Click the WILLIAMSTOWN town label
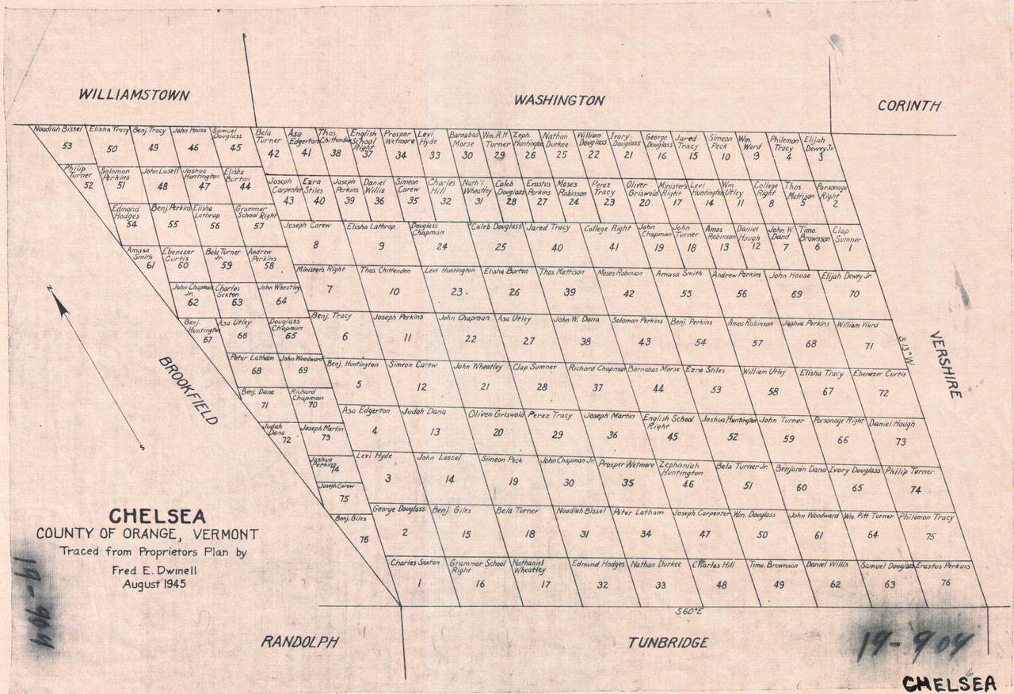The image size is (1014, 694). pos(134,96)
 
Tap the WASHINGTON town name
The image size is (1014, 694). pos(558,101)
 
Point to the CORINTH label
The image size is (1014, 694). pos(909,106)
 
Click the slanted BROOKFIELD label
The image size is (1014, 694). pos(188,391)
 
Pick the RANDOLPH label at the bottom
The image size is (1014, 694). pos(300,642)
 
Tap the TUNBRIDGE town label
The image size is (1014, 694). pos(668,643)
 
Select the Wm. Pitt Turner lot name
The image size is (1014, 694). pos(868,517)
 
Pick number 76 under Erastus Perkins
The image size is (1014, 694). pos(945,582)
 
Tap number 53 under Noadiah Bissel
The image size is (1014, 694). pos(67,146)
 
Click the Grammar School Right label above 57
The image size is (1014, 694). pos(257,212)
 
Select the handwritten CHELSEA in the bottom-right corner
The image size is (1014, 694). pos(949,682)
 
